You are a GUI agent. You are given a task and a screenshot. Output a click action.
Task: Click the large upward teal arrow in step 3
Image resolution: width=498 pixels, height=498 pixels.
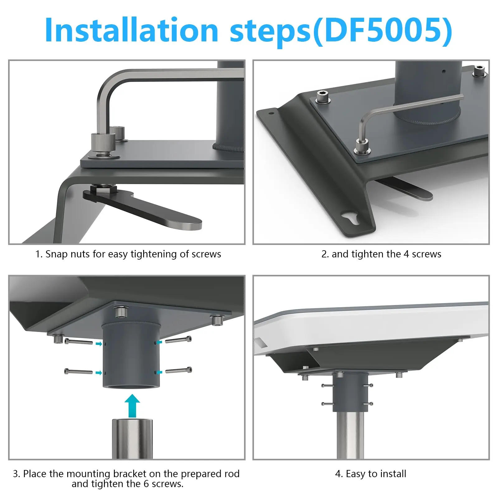pos(132,406)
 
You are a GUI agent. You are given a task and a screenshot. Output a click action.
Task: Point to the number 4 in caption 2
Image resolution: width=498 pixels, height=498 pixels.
pos(406,254)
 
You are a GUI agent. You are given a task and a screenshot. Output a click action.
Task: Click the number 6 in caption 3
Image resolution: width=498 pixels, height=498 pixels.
pos(146,484)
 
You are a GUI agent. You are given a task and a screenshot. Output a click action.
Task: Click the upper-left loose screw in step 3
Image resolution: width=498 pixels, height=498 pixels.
pos(78,342)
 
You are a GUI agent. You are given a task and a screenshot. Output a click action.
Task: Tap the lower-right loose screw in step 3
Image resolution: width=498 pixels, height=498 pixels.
pos(179,370)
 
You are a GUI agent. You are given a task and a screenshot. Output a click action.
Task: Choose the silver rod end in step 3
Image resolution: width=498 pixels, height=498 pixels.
pos(132,439)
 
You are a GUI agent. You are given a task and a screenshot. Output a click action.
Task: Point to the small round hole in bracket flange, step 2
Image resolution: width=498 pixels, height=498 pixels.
pos(271,113)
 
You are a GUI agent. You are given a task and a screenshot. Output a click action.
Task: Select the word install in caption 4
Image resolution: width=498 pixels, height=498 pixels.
pos(392,474)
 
